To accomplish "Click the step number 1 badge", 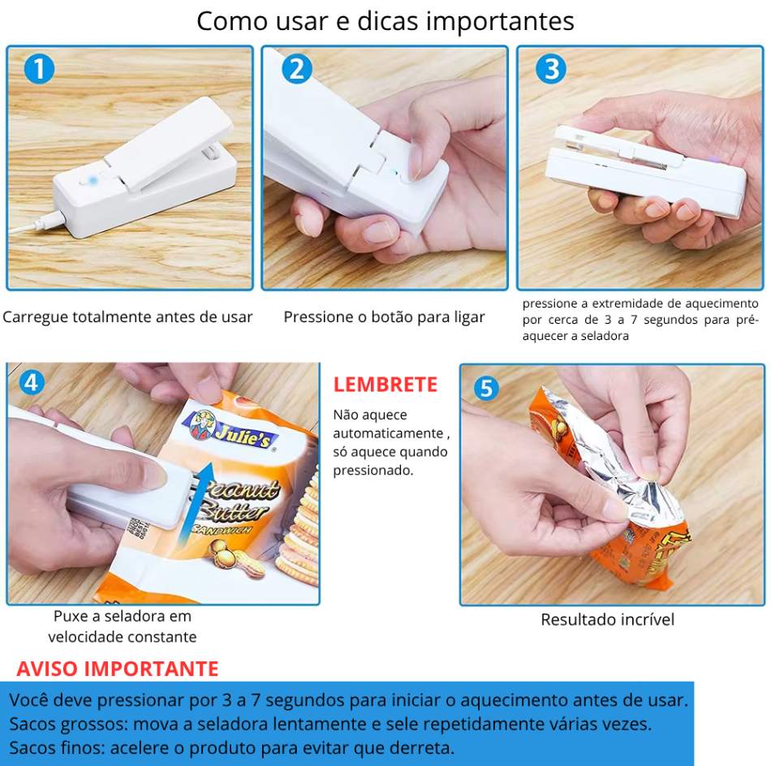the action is click(39, 68).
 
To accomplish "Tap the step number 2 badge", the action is click(297, 68).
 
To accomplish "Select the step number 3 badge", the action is click(551, 68).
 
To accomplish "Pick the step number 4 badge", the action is click(32, 382).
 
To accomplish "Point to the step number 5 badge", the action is click(486, 389).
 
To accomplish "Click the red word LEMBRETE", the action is click(385, 385).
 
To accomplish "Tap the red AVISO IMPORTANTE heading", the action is click(118, 669).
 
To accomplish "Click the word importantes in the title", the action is click(500, 21).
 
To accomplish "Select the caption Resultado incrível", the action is click(607, 619).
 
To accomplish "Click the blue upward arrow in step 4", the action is click(196, 504).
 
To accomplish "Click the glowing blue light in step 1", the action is click(93, 180).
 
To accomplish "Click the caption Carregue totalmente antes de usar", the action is click(127, 317).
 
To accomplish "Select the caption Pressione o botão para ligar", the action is click(384, 317).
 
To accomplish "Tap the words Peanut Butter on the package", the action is click(236, 500).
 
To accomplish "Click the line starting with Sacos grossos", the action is click(330, 724).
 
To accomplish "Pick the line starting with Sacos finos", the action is click(231, 748).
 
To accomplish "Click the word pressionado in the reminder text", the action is click(373, 471).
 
